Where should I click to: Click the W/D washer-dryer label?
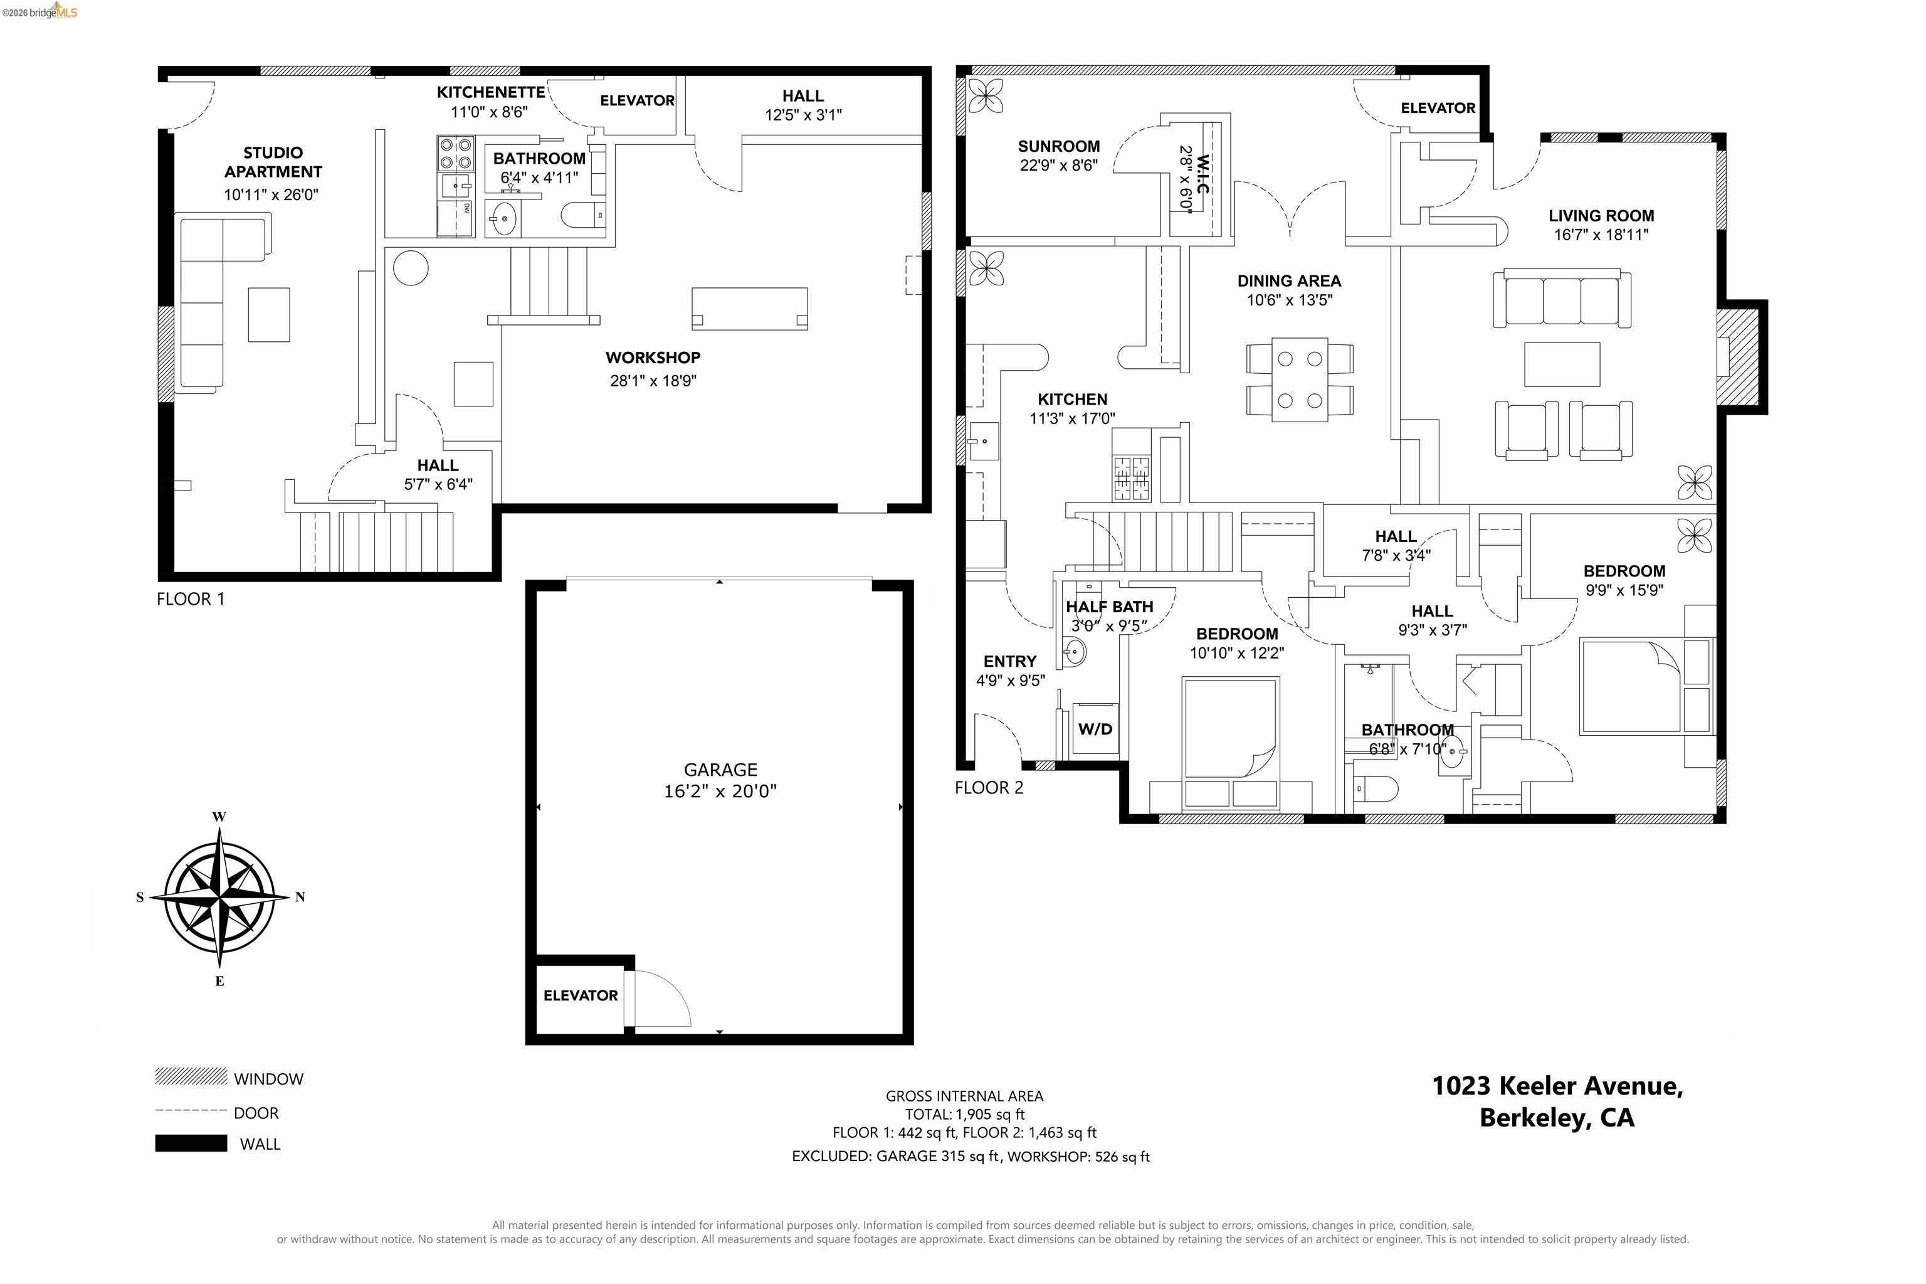pos(1095,729)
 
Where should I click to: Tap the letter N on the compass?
pos(300,897)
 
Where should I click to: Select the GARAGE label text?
pos(720,770)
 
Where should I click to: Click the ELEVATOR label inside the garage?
pos(581,995)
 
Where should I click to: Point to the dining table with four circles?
pos(1300,380)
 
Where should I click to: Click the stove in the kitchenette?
pos(456,153)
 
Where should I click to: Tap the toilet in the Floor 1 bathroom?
pos(583,215)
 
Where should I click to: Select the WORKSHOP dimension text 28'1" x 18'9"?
pos(653,380)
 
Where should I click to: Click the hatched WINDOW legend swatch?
pos(191,1076)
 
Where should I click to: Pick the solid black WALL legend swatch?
pos(191,1143)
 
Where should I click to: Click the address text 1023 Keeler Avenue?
pos(1557,1086)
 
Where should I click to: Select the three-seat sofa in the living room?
pos(1562,298)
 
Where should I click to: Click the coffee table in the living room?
pos(1562,364)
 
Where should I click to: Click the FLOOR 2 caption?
pos(989,788)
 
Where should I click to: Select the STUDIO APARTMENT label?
pos(273,162)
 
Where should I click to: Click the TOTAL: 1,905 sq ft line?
pos(964,1115)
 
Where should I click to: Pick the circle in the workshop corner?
pos(410,268)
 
